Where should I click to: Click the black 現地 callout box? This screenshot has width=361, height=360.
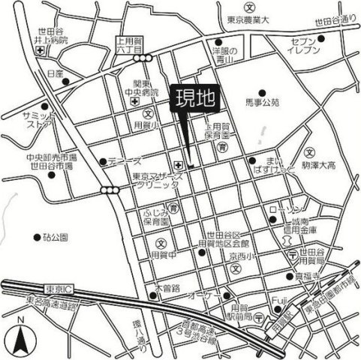pos(194,99)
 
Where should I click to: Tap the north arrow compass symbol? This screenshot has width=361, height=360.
pos(22,339)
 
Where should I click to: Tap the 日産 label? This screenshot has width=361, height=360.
pos(55,74)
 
